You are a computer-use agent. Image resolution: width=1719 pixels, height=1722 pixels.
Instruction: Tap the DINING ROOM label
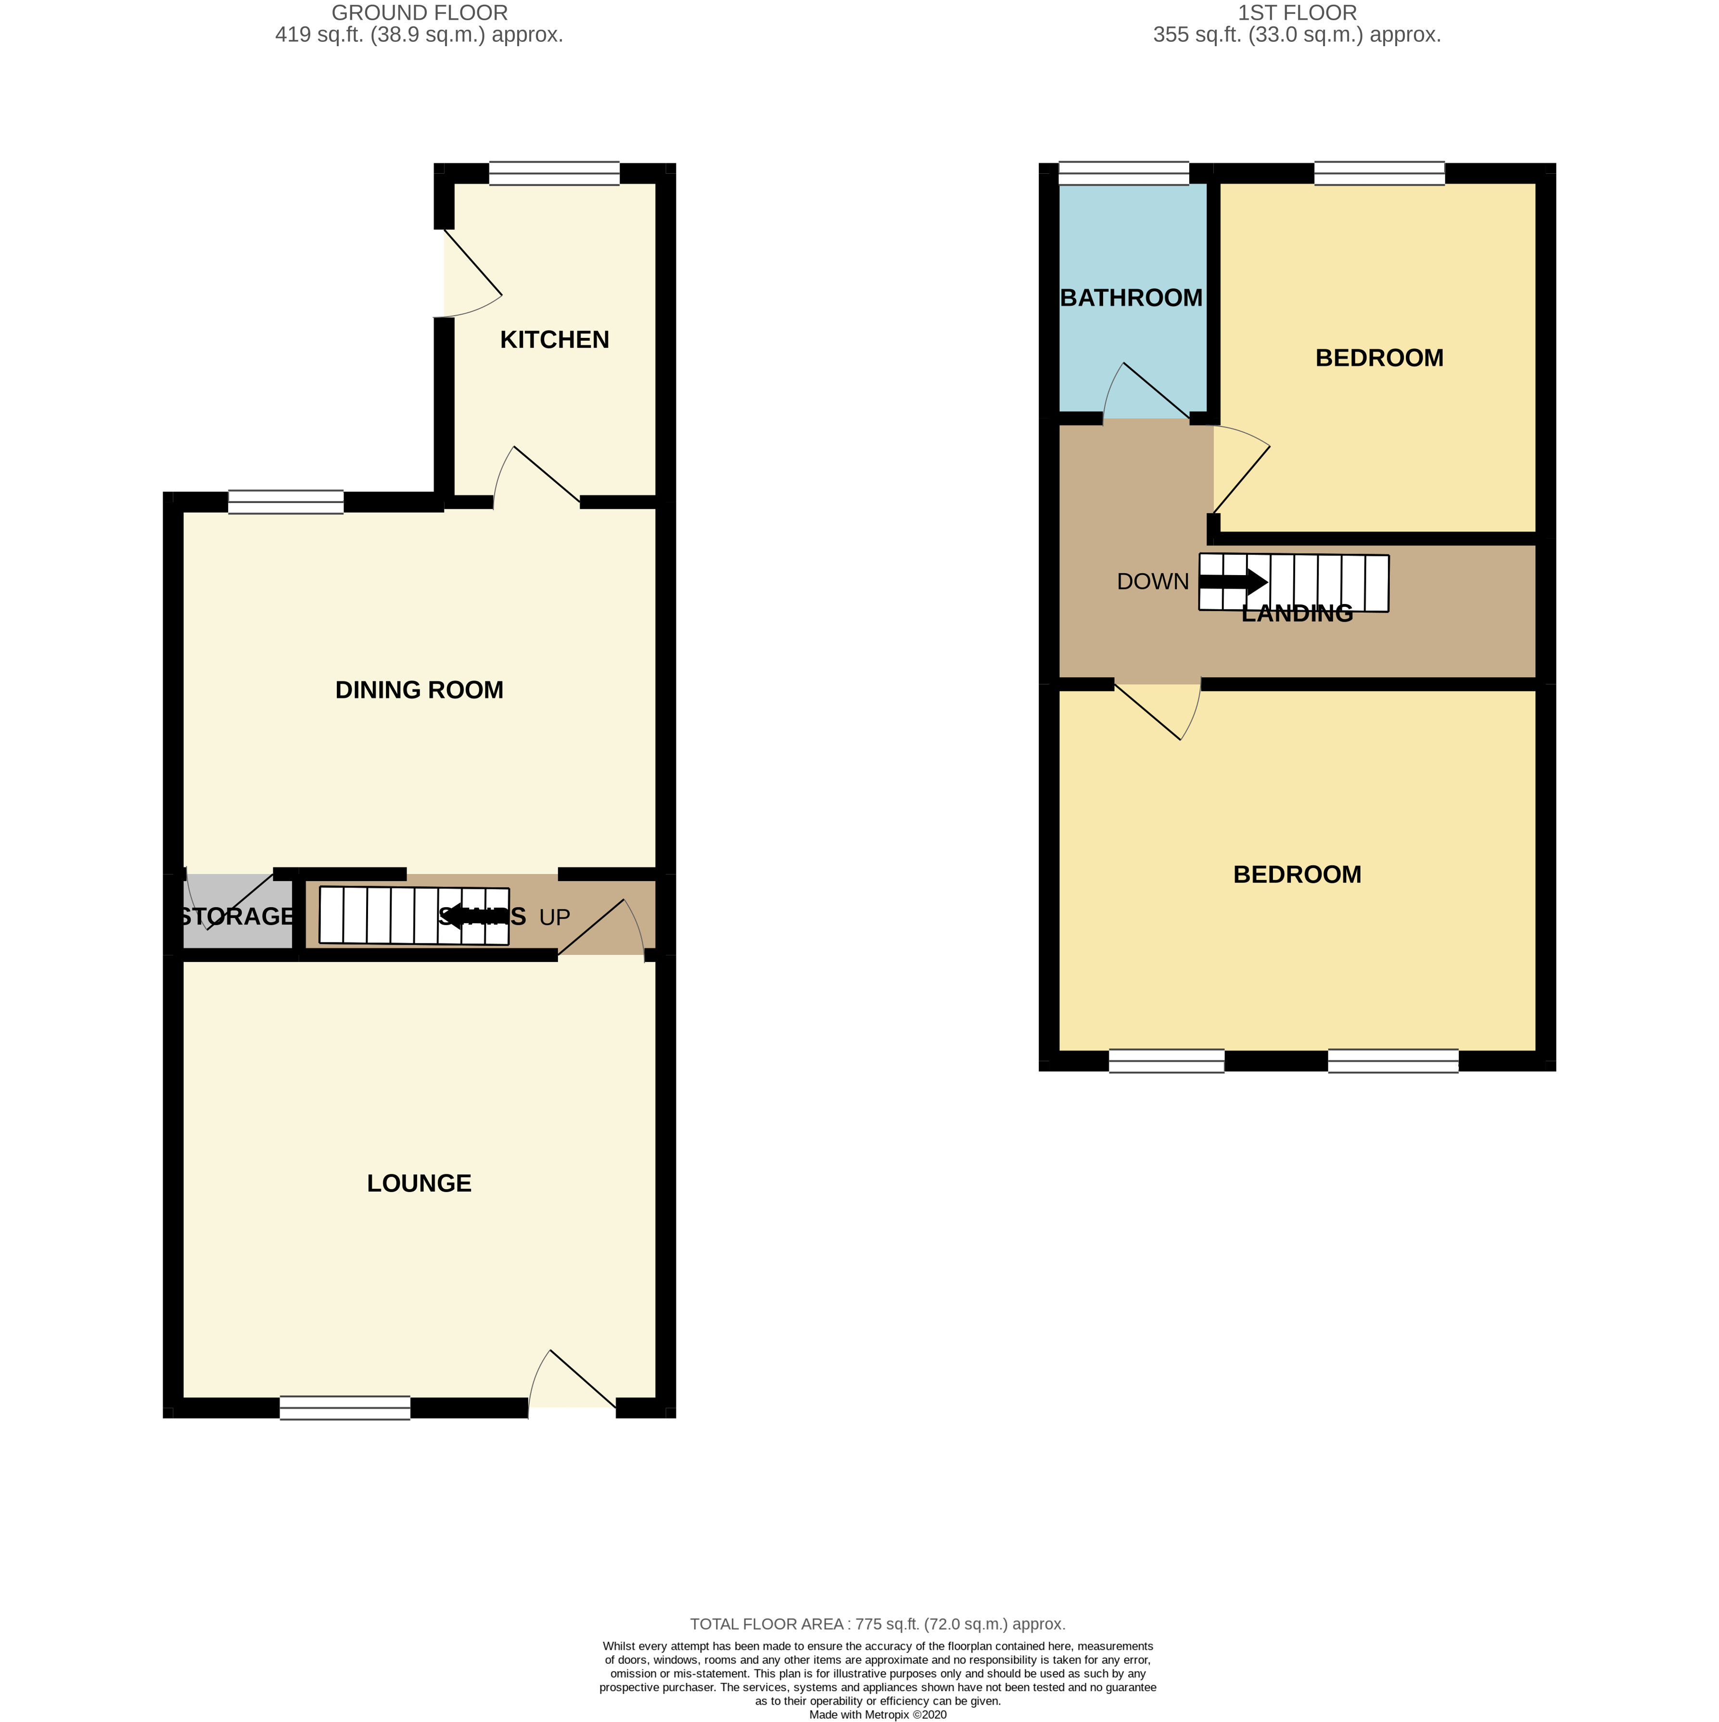419,690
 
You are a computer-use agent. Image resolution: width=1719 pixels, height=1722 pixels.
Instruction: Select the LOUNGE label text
419,1183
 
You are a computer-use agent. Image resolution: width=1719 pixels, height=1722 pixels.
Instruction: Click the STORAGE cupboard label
236,916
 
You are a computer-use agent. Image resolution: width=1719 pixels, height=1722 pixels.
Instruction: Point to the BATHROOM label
1131,298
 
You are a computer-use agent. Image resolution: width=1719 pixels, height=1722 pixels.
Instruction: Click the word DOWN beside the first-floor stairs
1152,581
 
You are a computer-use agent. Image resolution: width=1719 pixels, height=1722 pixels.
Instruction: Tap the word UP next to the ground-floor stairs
554,917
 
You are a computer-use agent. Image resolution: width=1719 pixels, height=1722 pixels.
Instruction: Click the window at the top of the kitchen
553,173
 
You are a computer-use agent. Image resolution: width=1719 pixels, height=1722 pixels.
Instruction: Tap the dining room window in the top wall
285,502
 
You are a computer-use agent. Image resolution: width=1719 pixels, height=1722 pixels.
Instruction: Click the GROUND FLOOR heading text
419,13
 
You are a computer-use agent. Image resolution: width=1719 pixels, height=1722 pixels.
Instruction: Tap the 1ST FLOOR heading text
1297,13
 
